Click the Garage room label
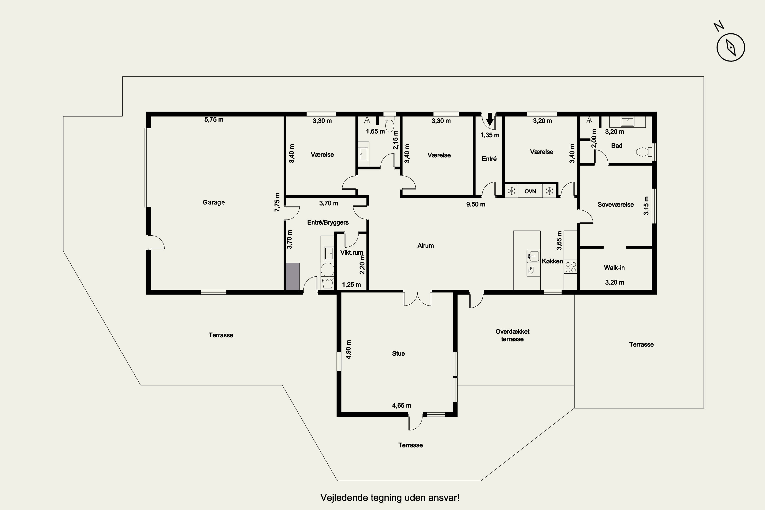tap(214, 202)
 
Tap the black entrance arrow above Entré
tap(490, 119)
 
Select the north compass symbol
tap(731, 47)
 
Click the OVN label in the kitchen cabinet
tap(530, 191)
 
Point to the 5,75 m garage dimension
tap(214, 119)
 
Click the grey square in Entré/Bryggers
tap(293, 276)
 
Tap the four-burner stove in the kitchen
tap(570, 267)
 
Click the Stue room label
tap(398, 353)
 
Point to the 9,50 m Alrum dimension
tap(476, 204)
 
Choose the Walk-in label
tap(614, 268)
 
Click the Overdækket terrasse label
tap(512, 335)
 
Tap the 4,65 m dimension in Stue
tap(402, 406)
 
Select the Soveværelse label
tap(616, 205)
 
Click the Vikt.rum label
tap(352, 252)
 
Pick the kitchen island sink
tap(533, 256)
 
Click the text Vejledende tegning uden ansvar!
tap(390, 498)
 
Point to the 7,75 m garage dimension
tap(277, 202)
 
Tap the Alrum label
tap(425, 246)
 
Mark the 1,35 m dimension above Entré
tap(490, 135)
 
